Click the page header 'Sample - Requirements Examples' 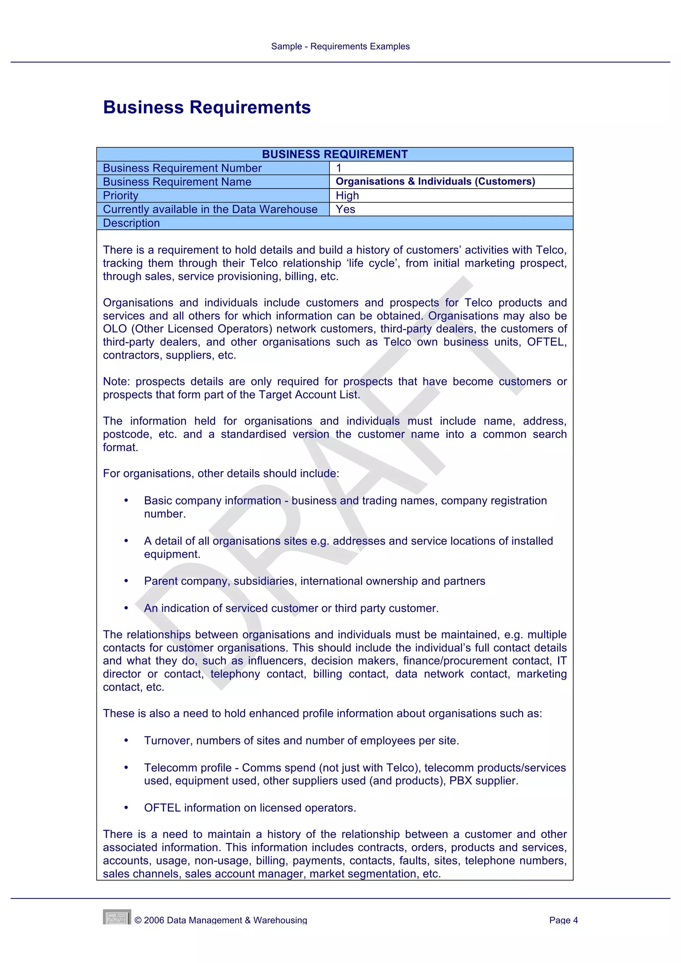pyautogui.click(x=340, y=47)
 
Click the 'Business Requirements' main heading pyautogui.click(x=207, y=107)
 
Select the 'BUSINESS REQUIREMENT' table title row pyautogui.click(x=335, y=154)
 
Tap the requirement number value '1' pyautogui.click(x=339, y=168)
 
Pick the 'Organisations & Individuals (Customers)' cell pyautogui.click(x=435, y=182)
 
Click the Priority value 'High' pyautogui.click(x=347, y=196)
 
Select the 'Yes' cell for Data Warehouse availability pyautogui.click(x=345, y=209)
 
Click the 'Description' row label pyautogui.click(x=131, y=223)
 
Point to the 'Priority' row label pyautogui.click(x=121, y=196)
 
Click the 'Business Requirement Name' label pyautogui.click(x=177, y=182)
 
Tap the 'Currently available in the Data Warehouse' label pyautogui.click(x=210, y=209)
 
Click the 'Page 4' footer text pyautogui.click(x=563, y=920)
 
